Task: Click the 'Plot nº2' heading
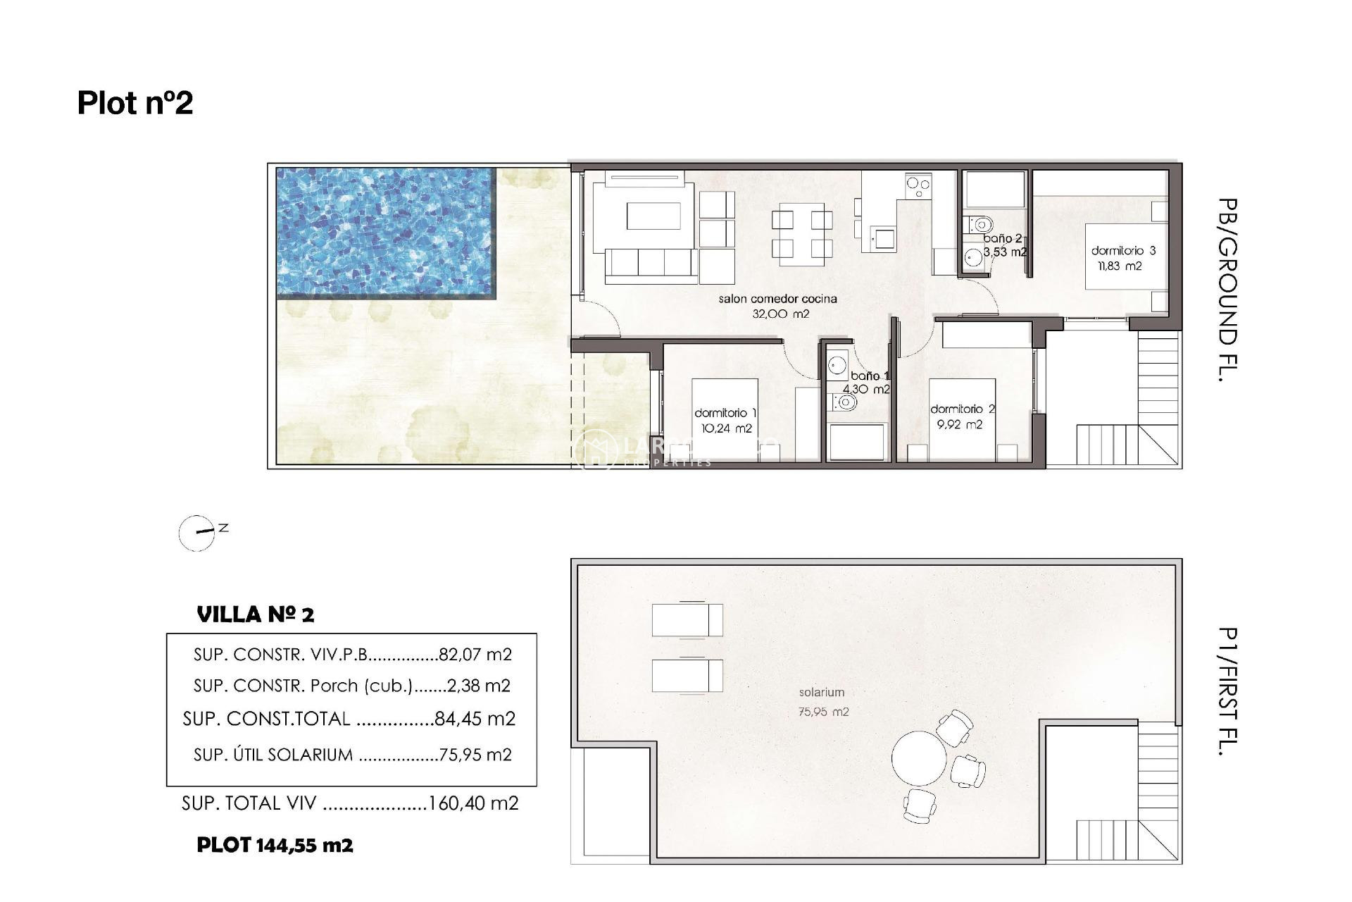click(x=135, y=103)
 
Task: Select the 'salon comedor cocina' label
click(x=777, y=299)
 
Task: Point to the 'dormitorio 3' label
click(x=1123, y=250)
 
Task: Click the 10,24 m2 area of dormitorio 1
click(x=726, y=428)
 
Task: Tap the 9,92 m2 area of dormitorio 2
click(x=959, y=425)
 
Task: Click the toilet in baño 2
click(x=979, y=224)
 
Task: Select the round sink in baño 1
click(x=837, y=365)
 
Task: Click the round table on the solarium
click(x=919, y=758)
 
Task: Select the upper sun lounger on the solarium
click(x=687, y=620)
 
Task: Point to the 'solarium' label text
click(x=821, y=693)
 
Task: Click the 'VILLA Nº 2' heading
click(x=256, y=614)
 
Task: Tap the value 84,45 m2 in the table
click(x=475, y=719)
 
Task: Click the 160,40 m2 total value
click(x=473, y=803)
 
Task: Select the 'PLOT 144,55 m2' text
click(x=275, y=845)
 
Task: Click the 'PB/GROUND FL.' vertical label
click(x=1227, y=290)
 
